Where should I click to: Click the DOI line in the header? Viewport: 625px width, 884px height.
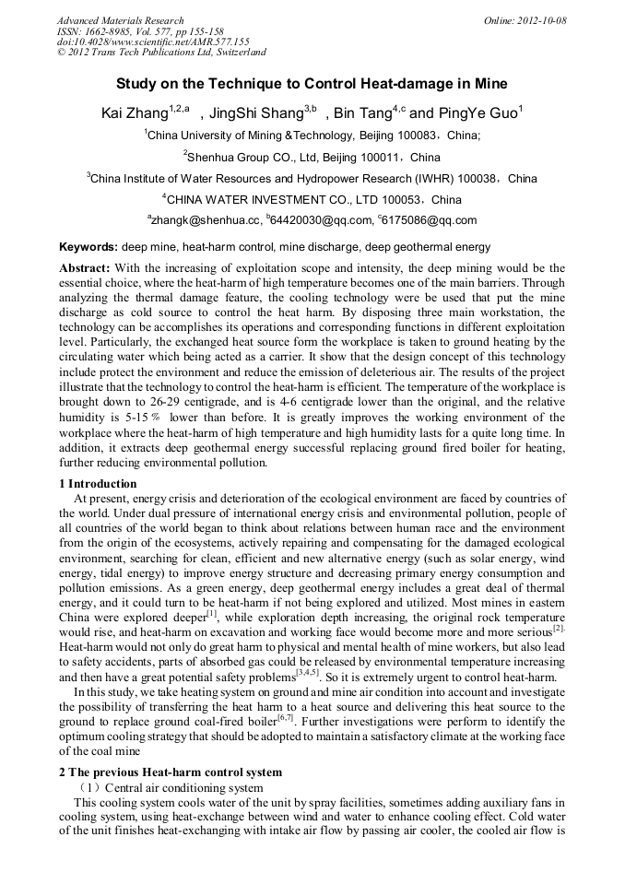point(153,41)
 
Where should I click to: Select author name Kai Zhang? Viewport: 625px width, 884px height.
point(134,113)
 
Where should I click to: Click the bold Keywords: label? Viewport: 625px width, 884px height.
point(88,247)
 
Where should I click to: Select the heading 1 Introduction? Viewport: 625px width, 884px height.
point(98,484)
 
